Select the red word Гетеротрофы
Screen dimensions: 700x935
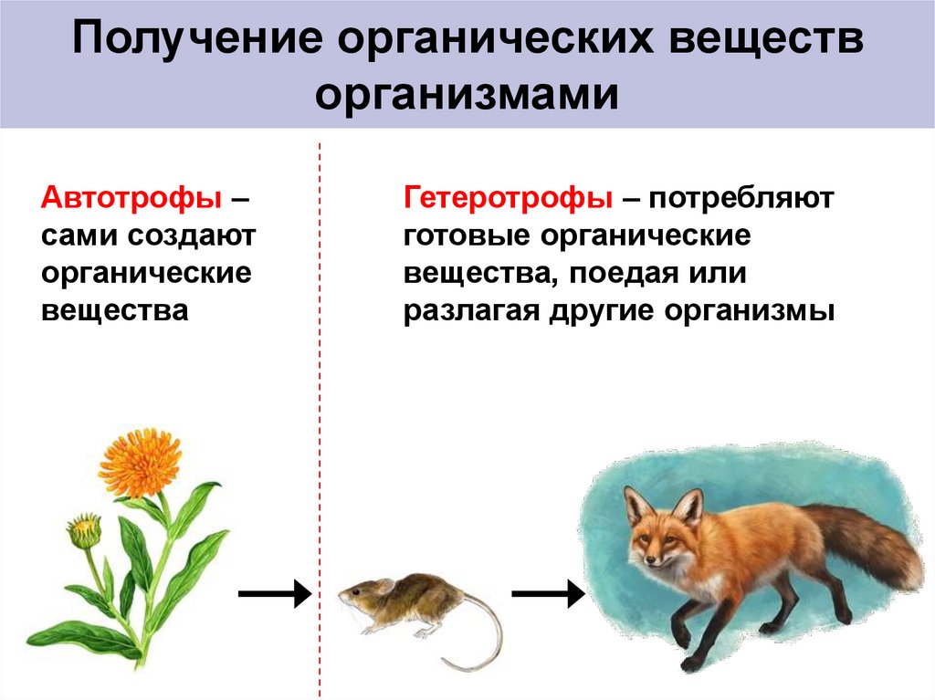[508, 197]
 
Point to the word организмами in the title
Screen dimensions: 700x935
[467, 94]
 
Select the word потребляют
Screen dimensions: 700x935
[743, 197]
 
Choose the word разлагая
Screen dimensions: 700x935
[471, 311]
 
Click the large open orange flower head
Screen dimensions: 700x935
[142, 462]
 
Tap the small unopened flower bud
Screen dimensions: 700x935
[84, 530]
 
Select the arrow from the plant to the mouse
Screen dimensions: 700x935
[274, 596]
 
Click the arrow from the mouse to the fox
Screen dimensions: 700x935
[547, 596]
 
